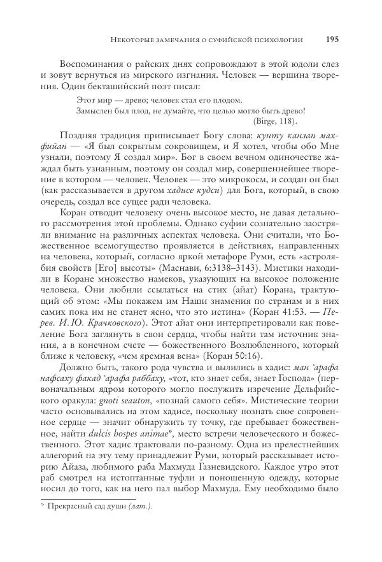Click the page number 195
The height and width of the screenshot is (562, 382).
(331, 39)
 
